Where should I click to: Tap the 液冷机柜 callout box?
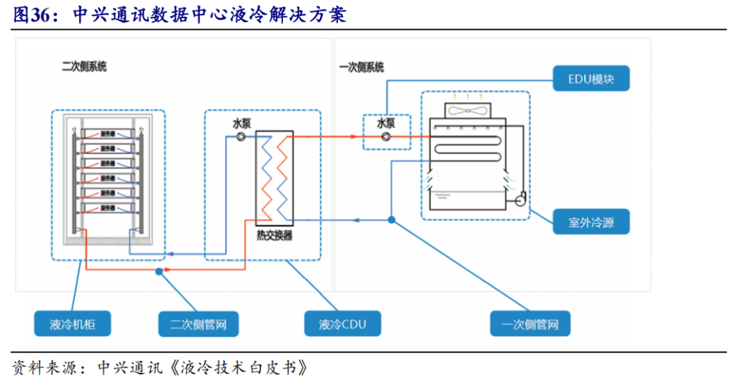[72, 323]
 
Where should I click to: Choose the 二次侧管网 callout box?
[198, 323]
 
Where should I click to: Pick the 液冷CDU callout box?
[341, 323]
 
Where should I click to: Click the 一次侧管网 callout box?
[529, 323]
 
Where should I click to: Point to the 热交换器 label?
[274, 236]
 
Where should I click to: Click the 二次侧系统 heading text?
[84, 67]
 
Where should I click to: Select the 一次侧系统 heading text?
[362, 67]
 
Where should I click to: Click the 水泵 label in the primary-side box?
[387, 124]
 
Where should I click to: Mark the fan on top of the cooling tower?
[468, 110]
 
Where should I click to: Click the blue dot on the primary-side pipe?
[391, 220]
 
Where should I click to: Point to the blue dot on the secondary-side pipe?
[159, 271]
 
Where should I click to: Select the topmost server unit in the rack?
[108, 133]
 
